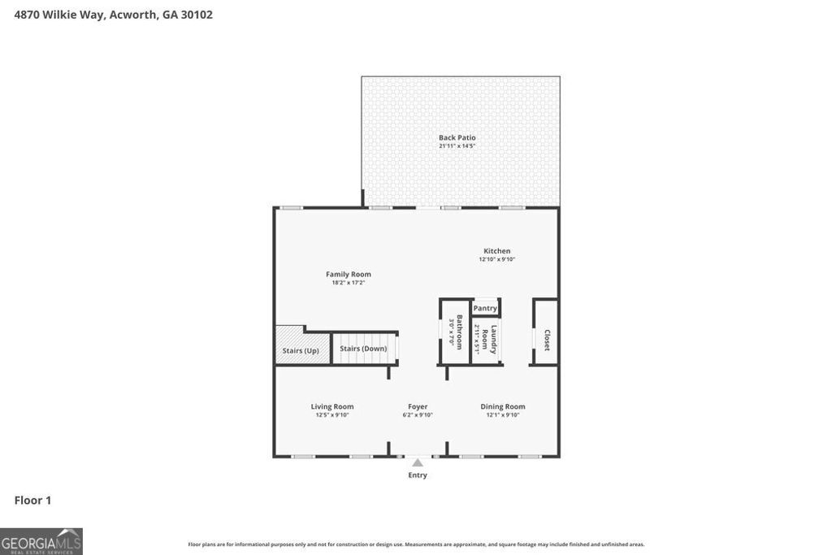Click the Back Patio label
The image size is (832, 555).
coord(457,137)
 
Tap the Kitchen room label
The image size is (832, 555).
coord(496,251)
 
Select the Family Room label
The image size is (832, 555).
coord(348,275)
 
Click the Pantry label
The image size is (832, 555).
coord(485,308)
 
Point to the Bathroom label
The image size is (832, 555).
coord(459,332)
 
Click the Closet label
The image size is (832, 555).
coord(547,340)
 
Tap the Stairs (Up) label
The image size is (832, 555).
coord(300,351)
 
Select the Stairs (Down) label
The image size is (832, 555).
coord(363,349)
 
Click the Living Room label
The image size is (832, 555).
coord(331,406)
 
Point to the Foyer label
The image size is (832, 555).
coord(418,406)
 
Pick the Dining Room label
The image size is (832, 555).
coord(502,406)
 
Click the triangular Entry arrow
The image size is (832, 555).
coord(418,462)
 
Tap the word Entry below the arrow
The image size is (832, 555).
coord(418,475)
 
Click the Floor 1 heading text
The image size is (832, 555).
coord(32,501)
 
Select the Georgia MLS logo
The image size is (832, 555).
coord(41,541)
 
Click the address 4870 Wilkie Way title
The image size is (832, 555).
coord(114,14)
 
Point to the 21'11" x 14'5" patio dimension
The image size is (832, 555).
coord(457,146)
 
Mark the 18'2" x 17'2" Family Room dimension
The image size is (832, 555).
coord(348,284)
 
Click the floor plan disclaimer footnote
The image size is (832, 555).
coord(416,544)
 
